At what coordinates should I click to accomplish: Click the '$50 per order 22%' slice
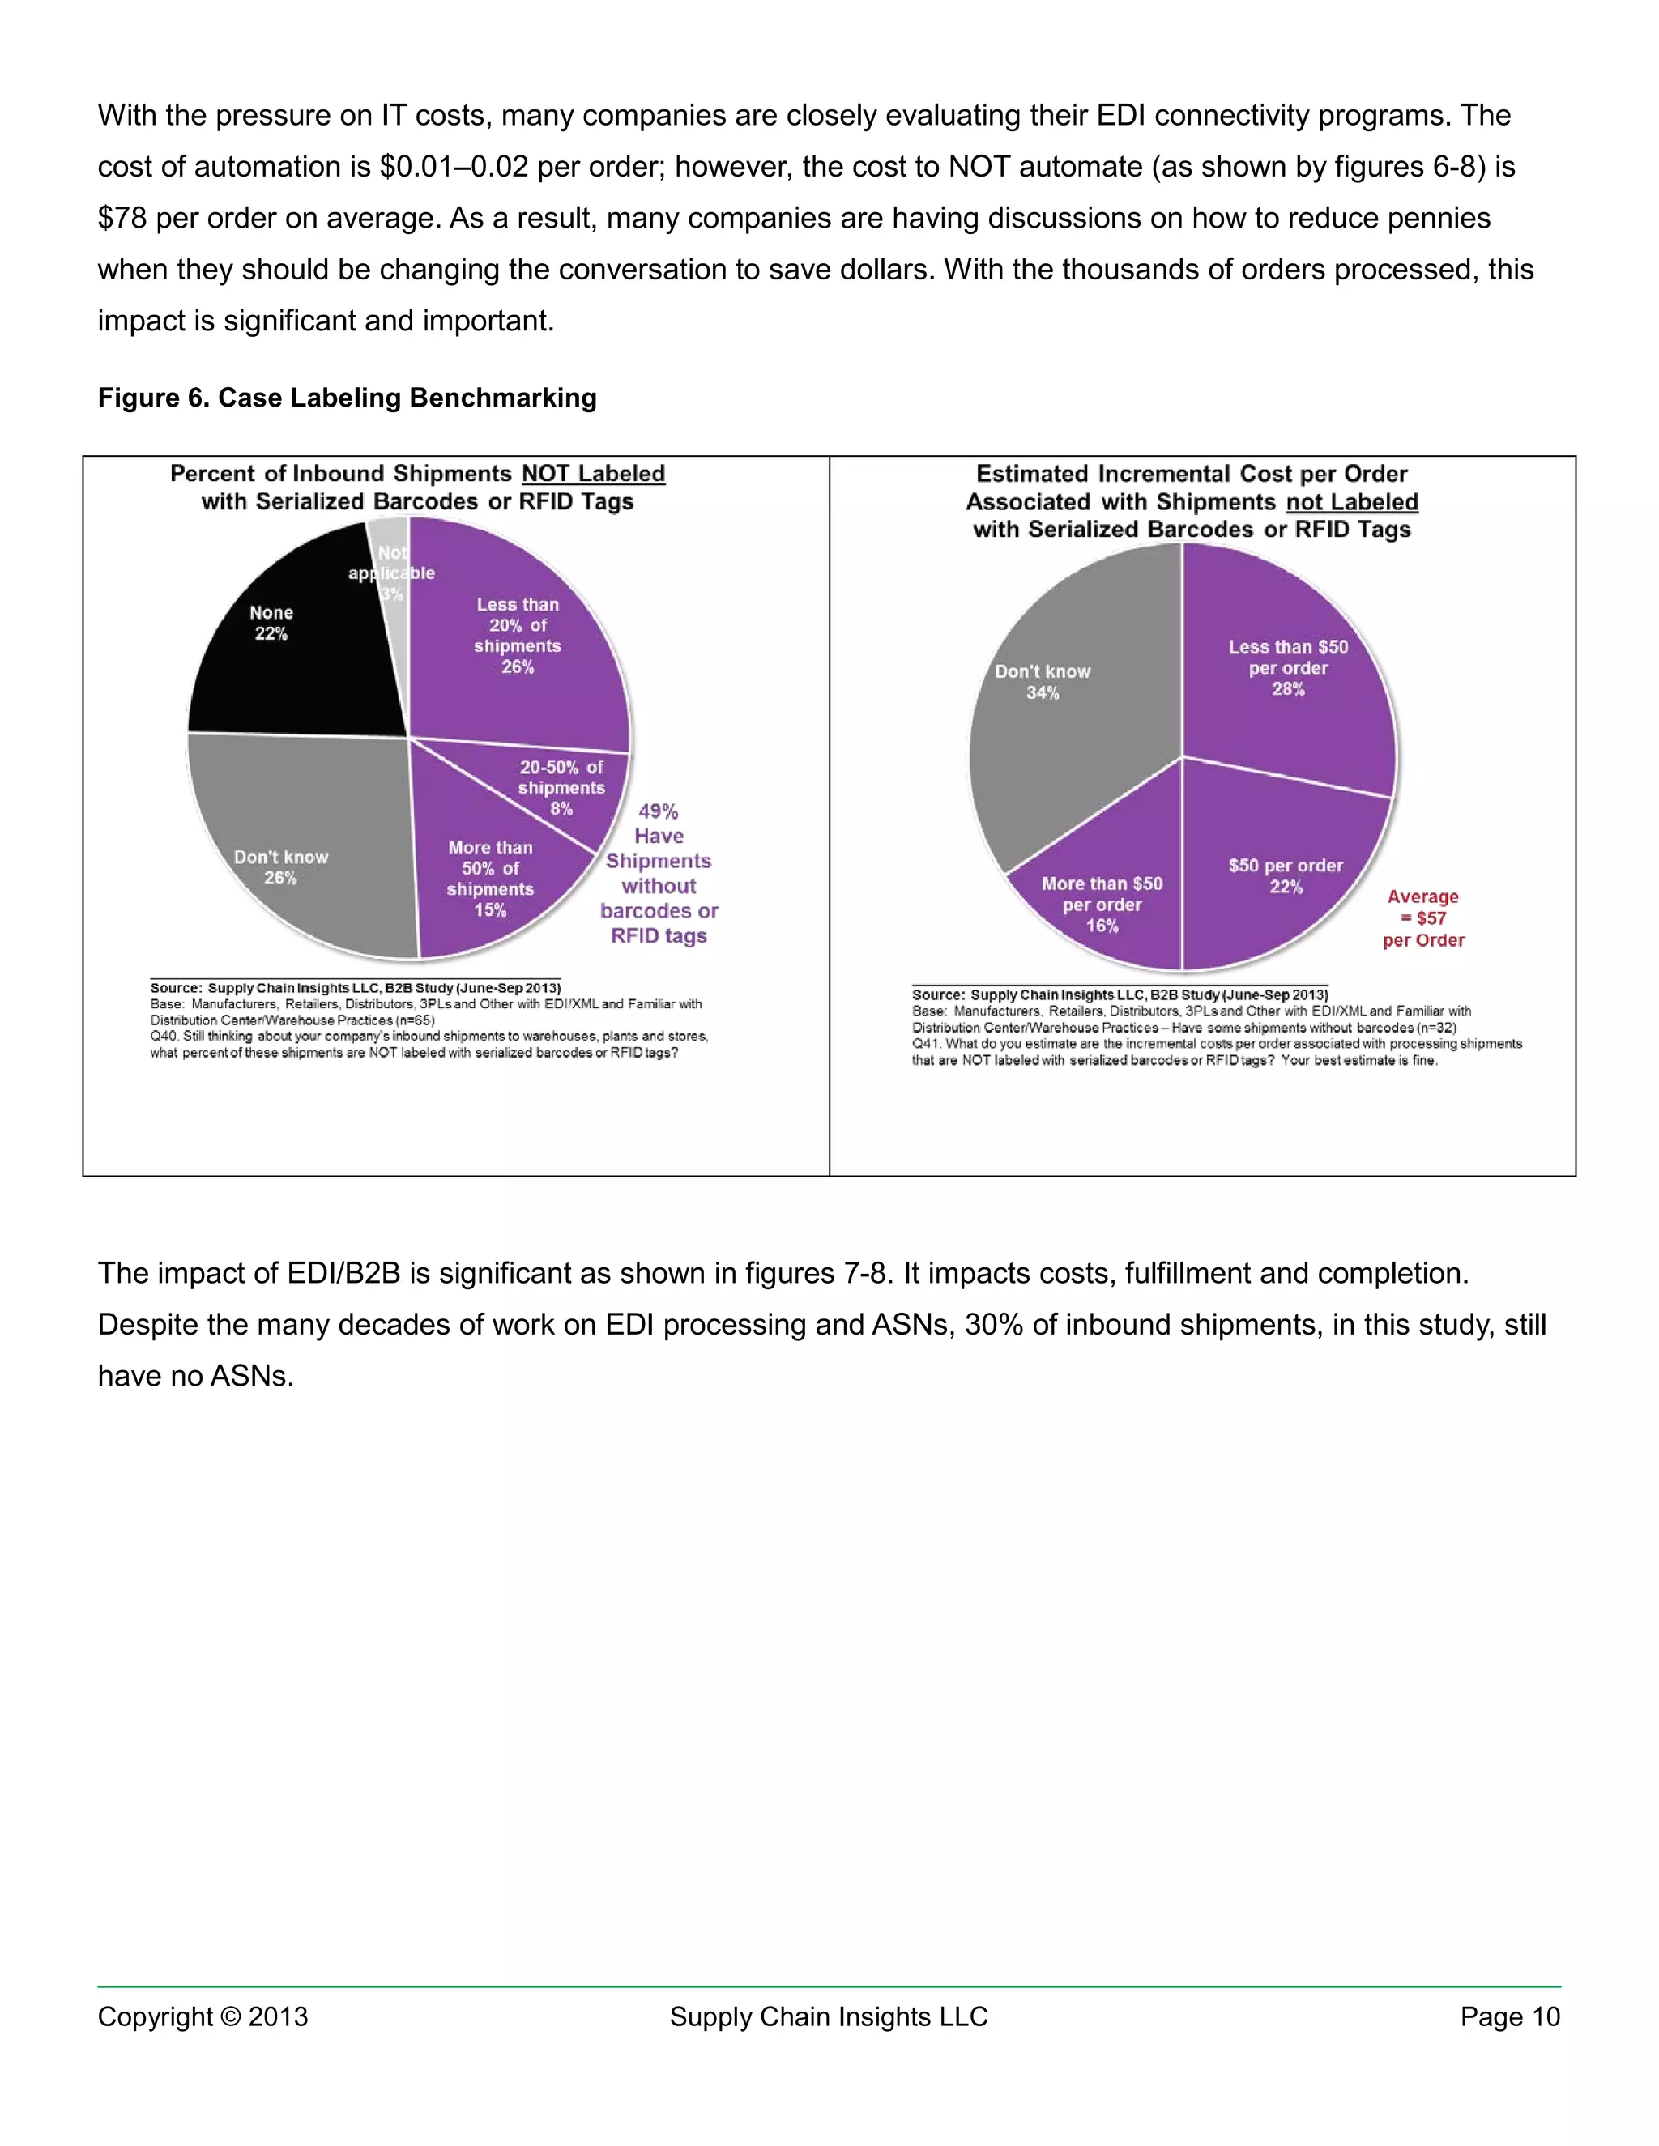[1286, 875]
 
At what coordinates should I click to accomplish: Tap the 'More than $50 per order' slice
[1102, 904]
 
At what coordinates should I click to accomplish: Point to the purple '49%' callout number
[659, 811]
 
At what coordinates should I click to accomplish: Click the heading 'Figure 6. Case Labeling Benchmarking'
[347, 398]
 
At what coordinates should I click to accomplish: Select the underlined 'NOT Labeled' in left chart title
[593, 474]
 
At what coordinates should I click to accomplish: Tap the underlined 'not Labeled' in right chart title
[1351, 502]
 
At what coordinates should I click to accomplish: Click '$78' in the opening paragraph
[122, 218]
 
